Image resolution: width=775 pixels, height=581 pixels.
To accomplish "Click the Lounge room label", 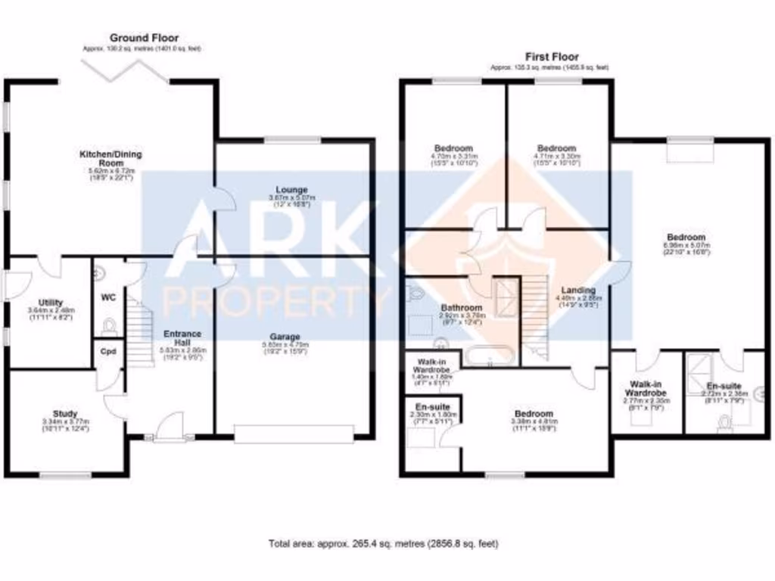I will click(291, 190).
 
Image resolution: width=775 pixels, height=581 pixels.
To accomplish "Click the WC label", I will click(107, 297).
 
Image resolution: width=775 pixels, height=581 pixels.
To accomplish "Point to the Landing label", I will click(577, 290).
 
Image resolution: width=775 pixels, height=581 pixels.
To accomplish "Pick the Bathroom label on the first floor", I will click(462, 308).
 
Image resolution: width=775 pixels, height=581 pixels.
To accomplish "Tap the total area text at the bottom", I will click(384, 543).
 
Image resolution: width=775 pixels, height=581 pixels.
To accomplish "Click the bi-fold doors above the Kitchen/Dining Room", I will click(126, 70).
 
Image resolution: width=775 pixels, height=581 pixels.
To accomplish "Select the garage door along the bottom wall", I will click(294, 433).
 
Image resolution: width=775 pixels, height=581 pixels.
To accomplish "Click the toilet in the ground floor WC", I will click(109, 326).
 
